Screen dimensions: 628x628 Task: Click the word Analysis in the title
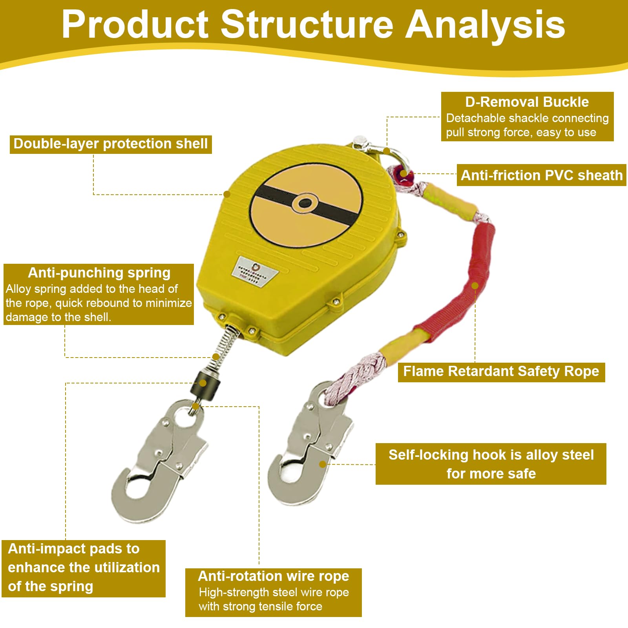(x=485, y=25)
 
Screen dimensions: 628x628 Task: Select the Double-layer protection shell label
(x=111, y=144)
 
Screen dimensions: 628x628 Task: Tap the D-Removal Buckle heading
(x=527, y=102)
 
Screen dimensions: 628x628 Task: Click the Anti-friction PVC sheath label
(x=542, y=175)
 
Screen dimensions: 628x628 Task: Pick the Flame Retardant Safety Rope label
(x=501, y=371)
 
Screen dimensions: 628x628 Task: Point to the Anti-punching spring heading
(x=99, y=272)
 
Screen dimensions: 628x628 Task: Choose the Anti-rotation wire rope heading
(x=274, y=576)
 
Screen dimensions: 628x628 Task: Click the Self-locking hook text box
(x=491, y=464)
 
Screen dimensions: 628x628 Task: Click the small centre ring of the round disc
(x=305, y=203)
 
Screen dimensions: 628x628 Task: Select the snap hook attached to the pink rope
(x=310, y=444)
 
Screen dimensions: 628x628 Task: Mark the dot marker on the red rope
(x=475, y=286)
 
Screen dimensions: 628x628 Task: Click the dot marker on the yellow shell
(x=227, y=194)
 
